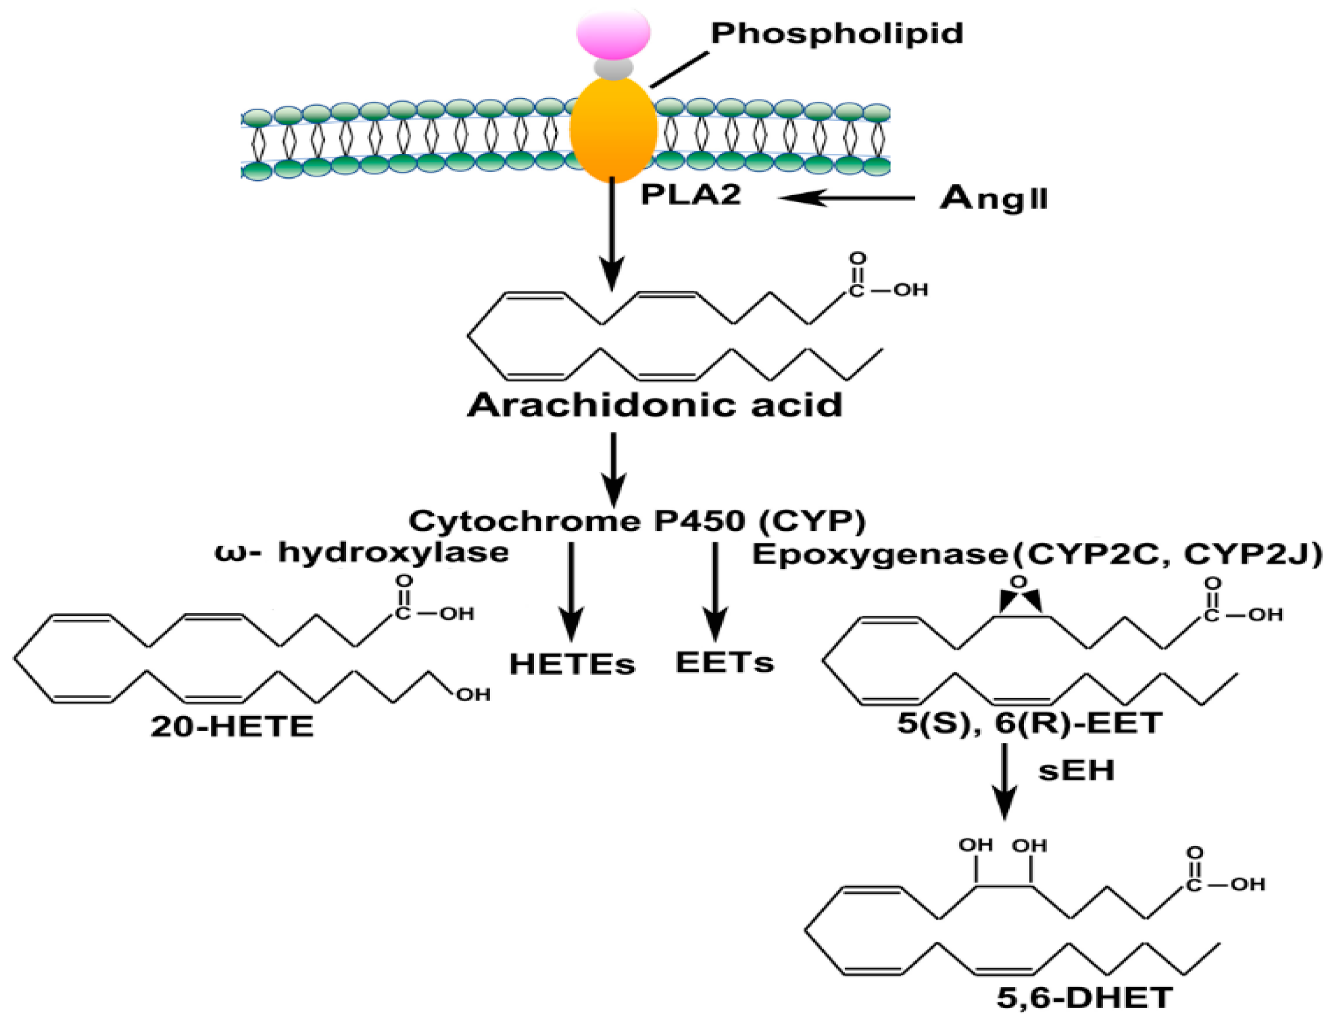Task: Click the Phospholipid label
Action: [x=836, y=33]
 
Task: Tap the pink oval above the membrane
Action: [x=613, y=32]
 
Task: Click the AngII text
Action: [x=994, y=198]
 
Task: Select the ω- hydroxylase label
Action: [x=362, y=553]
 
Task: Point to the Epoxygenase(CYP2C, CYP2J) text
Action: [x=1036, y=554]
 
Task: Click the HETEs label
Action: [x=572, y=664]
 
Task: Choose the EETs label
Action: [x=724, y=663]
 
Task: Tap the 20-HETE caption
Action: [x=232, y=727]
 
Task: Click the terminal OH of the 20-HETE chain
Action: [x=473, y=694]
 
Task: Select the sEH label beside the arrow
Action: [x=1076, y=770]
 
